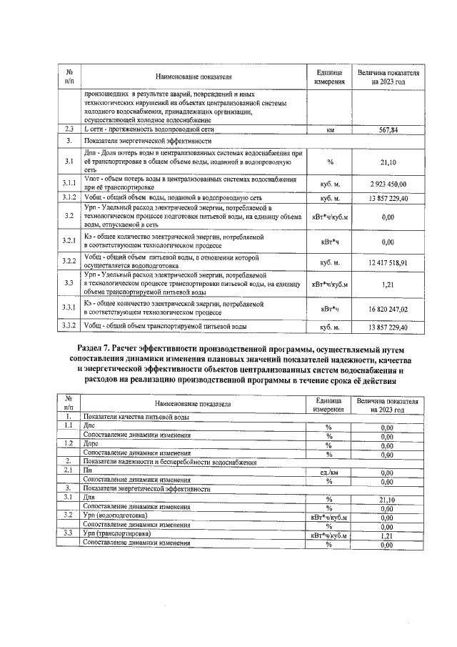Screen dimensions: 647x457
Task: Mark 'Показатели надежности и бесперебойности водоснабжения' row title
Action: (169, 463)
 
